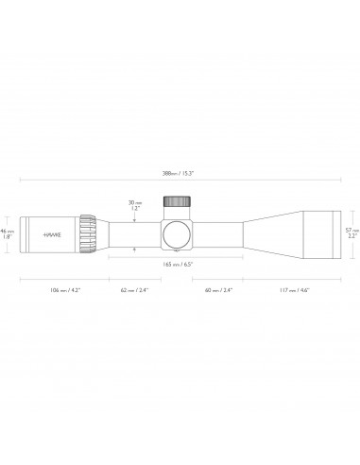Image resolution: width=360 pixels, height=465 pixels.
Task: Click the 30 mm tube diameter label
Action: click(136, 201)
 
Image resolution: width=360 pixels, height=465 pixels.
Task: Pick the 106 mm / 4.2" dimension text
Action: click(63, 290)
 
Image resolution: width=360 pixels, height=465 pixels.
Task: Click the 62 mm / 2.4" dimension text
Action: click(135, 290)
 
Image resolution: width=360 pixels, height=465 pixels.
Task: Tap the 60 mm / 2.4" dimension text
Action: click(219, 290)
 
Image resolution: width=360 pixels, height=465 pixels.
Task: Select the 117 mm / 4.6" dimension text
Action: click(293, 290)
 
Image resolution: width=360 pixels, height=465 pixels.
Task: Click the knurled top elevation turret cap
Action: click(177, 202)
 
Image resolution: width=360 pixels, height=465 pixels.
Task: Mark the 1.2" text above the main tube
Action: click(136, 208)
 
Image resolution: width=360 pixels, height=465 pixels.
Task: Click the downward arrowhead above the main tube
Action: click(136, 218)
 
